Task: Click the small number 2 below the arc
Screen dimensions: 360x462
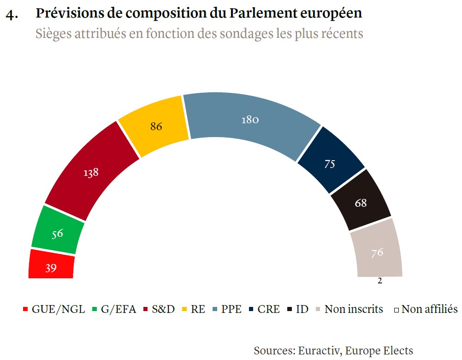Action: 380,281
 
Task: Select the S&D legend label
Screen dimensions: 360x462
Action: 163,309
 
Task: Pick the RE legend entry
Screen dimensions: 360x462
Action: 198,309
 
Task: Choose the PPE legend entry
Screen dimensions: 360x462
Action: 231,309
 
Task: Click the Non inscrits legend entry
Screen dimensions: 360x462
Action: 353,309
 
